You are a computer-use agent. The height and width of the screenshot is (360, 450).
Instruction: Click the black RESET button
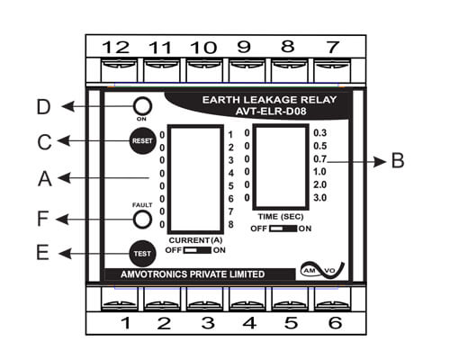pos(142,140)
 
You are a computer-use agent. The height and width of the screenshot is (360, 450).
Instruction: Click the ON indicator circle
pos(142,106)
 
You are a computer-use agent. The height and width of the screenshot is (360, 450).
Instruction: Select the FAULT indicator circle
pos(142,220)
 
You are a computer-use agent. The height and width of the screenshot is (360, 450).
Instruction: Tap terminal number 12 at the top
pos(116,48)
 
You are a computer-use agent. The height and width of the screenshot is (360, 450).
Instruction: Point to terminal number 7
pos(333,47)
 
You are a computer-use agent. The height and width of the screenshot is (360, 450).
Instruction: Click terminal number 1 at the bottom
pos(126,323)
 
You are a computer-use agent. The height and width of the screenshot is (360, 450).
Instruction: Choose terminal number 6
pos(335,323)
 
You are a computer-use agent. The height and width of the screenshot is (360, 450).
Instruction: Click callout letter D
pos(43,107)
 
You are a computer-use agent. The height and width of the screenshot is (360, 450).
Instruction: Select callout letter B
pos(398,160)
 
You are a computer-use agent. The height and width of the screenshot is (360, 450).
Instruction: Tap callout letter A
pos(45,179)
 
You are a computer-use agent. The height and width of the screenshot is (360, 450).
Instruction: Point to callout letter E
pos(42,252)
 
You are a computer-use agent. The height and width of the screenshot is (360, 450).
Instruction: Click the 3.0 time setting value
pos(319,198)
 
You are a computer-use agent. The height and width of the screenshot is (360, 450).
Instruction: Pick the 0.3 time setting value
pos(319,133)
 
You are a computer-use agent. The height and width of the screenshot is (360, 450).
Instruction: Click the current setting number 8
pos(230,224)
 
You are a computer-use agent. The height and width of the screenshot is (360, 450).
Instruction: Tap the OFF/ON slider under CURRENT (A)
pos(197,250)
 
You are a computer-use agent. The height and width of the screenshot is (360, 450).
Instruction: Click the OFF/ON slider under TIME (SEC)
pos(283,229)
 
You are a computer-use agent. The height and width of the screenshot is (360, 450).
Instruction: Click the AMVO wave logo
pos(323,270)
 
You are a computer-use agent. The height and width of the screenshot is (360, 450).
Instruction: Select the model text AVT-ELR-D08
pos(271,112)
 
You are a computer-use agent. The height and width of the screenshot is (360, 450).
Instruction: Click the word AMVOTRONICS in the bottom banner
pos(154,274)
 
